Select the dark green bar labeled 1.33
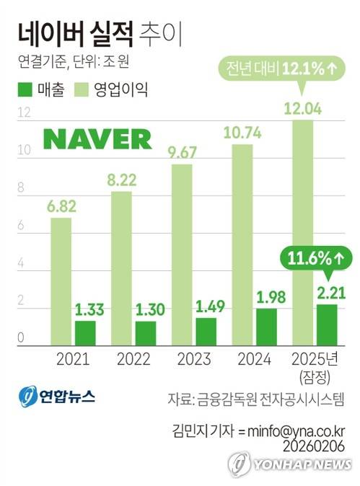85,332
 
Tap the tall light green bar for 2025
302,231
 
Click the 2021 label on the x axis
72,359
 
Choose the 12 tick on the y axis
23,113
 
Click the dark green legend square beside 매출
23,92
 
